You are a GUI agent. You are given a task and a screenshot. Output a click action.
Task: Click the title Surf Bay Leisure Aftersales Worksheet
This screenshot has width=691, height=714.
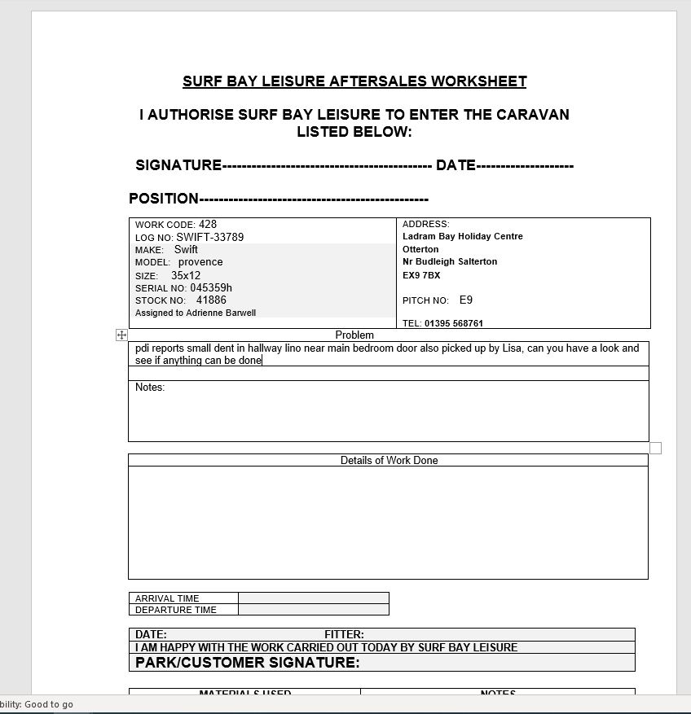pos(354,81)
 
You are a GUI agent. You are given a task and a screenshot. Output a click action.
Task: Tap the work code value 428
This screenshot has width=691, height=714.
pos(208,225)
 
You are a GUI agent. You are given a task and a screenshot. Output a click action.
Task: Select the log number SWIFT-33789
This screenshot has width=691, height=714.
pos(210,238)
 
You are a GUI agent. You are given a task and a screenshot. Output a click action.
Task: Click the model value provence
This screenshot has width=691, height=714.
pos(200,262)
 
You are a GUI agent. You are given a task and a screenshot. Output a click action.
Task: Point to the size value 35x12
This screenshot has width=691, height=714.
pos(186,276)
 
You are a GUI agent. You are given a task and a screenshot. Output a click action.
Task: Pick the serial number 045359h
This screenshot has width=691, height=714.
pos(211,288)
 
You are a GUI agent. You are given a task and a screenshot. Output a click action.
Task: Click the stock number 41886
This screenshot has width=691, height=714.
pos(211,300)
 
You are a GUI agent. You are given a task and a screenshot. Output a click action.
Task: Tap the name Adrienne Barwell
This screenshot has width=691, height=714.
pos(221,313)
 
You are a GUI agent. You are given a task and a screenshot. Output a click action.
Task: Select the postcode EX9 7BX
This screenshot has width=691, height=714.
pos(421,276)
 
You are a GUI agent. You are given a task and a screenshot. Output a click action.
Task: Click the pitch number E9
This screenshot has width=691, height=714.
pos(466,300)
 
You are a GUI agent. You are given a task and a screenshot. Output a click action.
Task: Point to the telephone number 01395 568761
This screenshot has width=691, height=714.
pos(454,323)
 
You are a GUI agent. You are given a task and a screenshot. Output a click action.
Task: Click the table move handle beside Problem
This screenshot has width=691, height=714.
pos(121,335)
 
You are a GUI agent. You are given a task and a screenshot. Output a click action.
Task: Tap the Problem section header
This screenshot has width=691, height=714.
pos(354,335)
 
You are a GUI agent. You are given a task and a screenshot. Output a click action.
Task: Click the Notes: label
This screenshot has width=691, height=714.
pos(150,388)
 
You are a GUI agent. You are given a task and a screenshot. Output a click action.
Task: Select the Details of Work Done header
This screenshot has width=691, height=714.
pos(389,461)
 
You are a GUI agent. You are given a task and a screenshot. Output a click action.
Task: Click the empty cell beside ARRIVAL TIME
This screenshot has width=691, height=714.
pos(313,598)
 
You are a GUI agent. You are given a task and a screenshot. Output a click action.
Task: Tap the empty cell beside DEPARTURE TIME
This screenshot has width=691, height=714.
pos(313,610)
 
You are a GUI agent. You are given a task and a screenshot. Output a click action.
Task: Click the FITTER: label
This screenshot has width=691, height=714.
pos(344,635)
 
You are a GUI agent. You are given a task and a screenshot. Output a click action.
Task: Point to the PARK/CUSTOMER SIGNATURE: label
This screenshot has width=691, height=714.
pos(247,663)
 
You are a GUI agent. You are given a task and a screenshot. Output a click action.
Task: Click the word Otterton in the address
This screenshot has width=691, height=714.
pos(420,249)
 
